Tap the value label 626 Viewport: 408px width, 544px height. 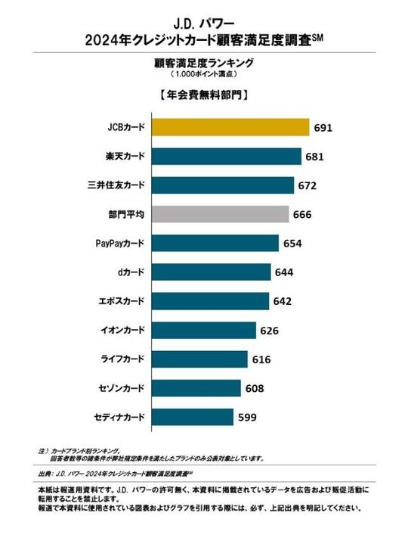(270, 331)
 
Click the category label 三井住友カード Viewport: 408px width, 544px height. (117, 185)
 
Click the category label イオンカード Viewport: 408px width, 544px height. (122, 331)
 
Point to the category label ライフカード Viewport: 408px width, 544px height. (122, 359)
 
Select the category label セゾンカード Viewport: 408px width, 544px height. (122, 388)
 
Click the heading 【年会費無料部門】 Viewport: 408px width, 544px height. (203, 96)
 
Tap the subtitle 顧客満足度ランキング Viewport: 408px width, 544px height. (203, 62)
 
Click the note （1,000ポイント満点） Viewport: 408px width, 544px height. (203, 74)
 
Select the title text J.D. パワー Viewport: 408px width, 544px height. (203, 13)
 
